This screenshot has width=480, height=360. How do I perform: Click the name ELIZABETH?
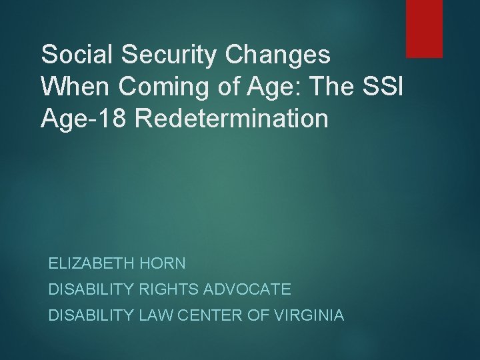[x=93, y=263]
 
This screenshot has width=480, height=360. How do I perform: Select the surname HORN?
[x=163, y=263]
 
